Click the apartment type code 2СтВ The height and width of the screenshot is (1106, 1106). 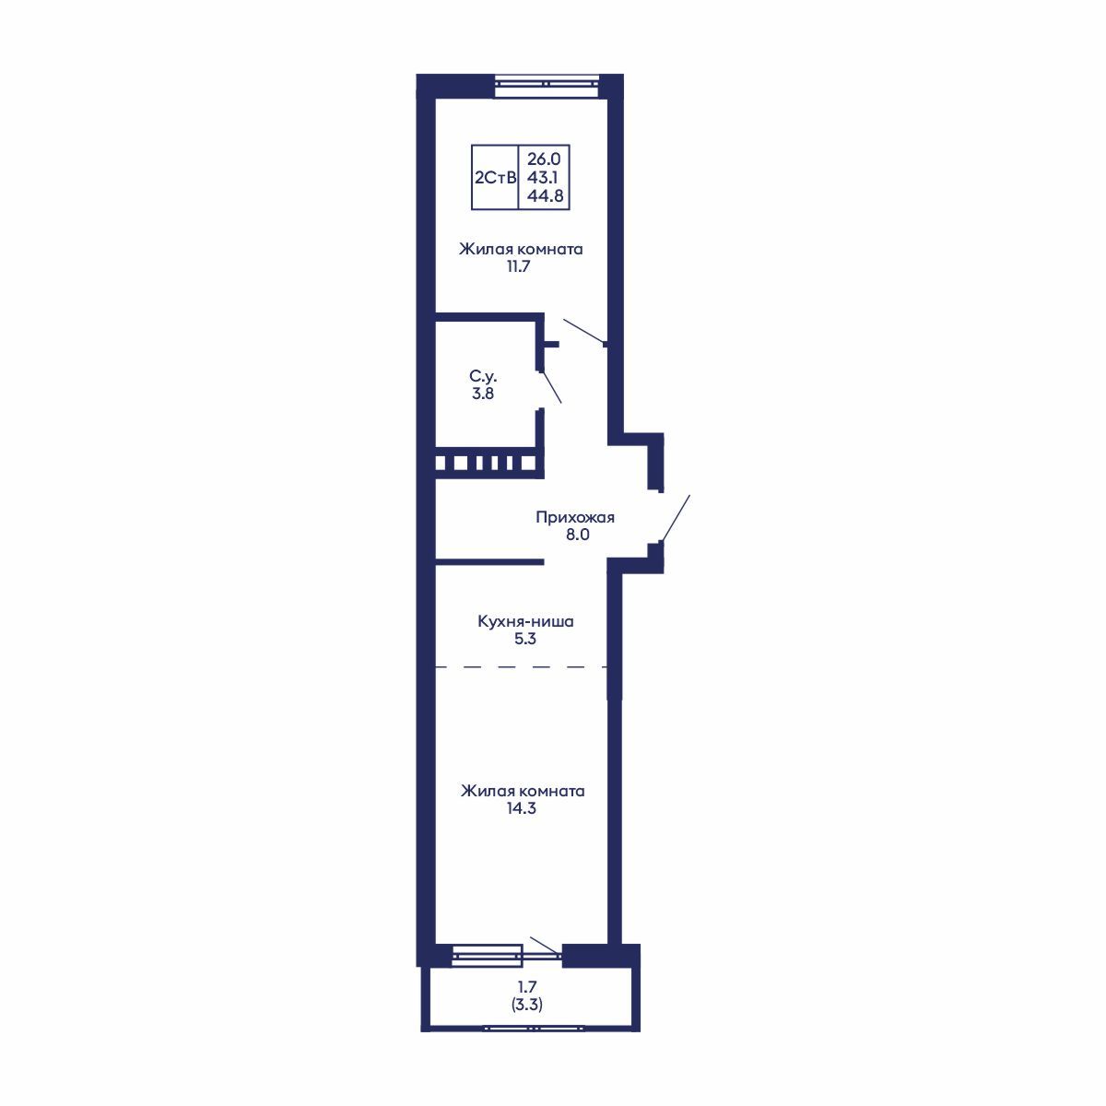[494, 178]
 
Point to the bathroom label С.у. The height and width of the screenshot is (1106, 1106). [485, 376]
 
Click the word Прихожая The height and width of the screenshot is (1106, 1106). [575, 517]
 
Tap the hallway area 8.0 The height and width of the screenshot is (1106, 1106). [577, 535]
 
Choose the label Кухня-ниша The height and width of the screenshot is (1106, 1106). [525, 621]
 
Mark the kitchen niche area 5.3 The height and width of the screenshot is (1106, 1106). [525, 639]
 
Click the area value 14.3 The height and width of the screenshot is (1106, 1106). [522, 809]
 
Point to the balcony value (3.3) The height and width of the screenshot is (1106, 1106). [526, 1006]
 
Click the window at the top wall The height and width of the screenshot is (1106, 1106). [547, 84]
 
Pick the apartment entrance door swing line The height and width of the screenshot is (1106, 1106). [676, 517]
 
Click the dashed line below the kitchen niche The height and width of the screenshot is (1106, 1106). [522, 666]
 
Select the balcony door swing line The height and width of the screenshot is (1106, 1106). [544, 945]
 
